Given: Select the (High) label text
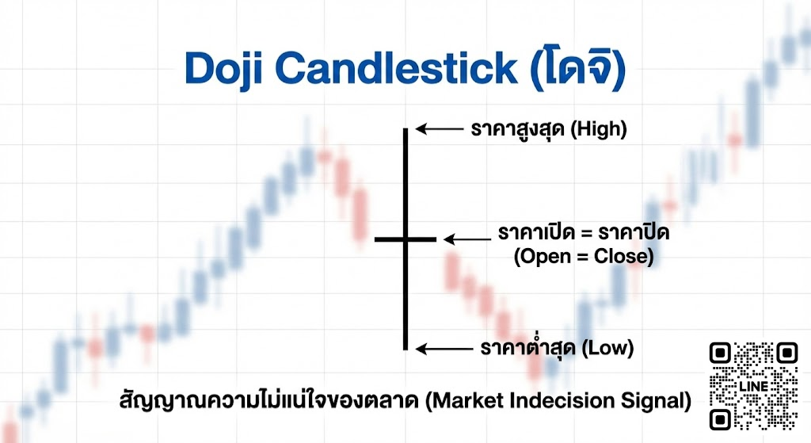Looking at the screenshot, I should point(598,129).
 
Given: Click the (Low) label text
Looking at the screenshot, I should point(608,349).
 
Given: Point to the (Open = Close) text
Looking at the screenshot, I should point(584,258).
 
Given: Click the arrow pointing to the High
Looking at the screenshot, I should point(439,128).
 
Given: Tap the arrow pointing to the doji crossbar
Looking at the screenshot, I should point(466,239).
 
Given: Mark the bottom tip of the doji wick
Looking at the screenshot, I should point(405,349).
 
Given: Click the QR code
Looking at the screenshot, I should point(753,386).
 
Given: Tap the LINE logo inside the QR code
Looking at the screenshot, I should point(753,385).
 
